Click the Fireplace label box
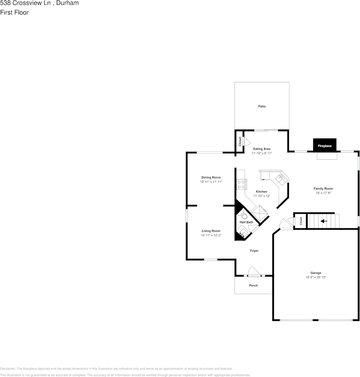324,146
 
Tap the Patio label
262,106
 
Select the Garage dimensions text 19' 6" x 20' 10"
316,277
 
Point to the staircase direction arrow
324,221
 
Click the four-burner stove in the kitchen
241,184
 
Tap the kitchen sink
281,179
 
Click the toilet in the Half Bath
244,216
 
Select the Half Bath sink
242,231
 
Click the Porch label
253,286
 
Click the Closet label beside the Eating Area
240,141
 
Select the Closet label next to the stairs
301,221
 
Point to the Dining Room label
211,177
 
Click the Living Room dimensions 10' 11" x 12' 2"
211,236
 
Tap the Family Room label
323,188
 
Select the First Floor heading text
14,12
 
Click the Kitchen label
261,191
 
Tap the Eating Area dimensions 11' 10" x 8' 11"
262,153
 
